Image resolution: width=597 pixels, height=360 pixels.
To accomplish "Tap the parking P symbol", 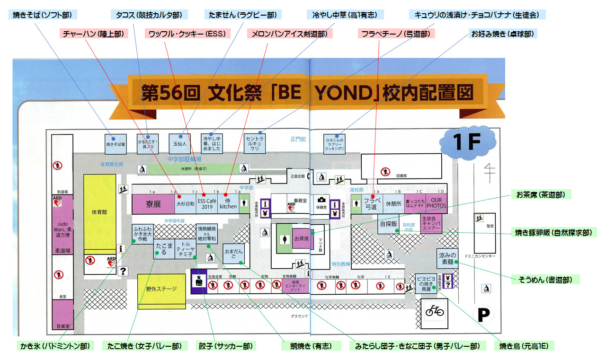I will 482,314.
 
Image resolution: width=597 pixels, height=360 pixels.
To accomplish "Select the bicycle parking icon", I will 435,311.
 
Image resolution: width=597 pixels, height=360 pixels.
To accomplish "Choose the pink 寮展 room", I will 153,204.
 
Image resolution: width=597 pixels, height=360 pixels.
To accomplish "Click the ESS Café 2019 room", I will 207,204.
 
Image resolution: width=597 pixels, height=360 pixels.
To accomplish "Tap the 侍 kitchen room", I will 228,204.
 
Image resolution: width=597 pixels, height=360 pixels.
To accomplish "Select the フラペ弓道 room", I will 372,204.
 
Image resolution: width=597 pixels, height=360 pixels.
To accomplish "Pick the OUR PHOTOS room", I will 436,204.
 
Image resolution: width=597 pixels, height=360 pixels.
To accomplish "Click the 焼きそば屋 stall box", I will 115,144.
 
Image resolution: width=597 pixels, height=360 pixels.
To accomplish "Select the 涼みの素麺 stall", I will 447,258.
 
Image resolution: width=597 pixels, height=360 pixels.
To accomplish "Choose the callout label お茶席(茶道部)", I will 541,194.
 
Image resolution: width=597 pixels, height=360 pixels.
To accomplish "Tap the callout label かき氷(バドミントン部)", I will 54,346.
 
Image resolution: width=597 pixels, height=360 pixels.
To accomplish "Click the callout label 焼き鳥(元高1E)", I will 524,346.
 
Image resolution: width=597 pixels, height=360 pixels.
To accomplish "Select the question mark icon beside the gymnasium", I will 124,271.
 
